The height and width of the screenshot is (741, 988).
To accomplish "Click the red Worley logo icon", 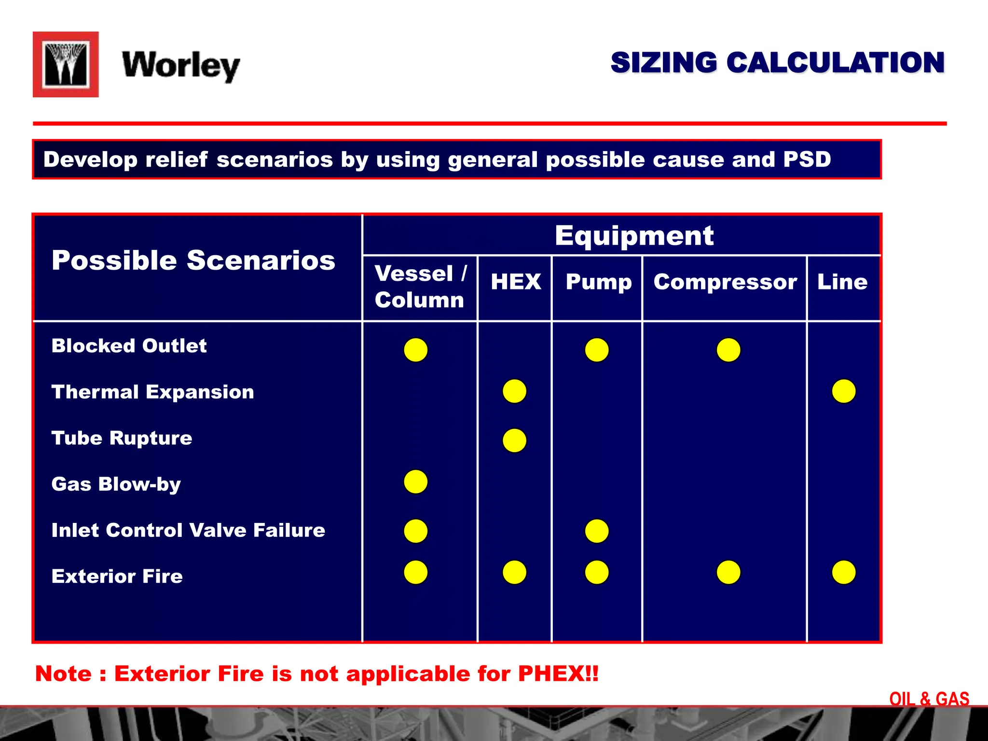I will (66, 65).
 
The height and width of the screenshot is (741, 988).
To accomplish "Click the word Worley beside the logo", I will (181, 66).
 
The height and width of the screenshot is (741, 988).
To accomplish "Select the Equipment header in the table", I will (634, 236).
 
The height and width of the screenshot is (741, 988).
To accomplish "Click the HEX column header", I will (516, 282).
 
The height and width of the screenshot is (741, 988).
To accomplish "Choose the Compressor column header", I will (725, 282).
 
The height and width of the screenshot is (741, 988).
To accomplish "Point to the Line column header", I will (842, 282).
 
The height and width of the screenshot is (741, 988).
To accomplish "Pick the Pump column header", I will (599, 282).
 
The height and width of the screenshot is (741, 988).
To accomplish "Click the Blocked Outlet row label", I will (129, 346).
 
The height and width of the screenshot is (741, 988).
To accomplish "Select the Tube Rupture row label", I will (122, 438).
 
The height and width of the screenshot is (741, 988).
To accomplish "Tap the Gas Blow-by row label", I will (116, 484).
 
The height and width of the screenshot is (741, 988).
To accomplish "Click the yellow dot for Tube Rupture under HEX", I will (514, 440).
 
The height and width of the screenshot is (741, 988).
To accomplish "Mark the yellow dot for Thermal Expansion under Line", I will (844, 391).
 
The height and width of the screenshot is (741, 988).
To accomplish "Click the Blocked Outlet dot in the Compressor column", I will (728, 350).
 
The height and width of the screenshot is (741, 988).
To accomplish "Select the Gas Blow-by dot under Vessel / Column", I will (415, 481).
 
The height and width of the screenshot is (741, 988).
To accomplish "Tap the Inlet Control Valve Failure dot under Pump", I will (597, 531).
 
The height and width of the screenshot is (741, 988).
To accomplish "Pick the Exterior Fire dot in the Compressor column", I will (728, 572).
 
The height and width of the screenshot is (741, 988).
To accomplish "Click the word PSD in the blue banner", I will (807, 159).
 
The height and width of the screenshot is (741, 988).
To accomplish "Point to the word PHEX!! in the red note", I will (558, 673).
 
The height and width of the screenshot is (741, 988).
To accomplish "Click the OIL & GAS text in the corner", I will (929, 699).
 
